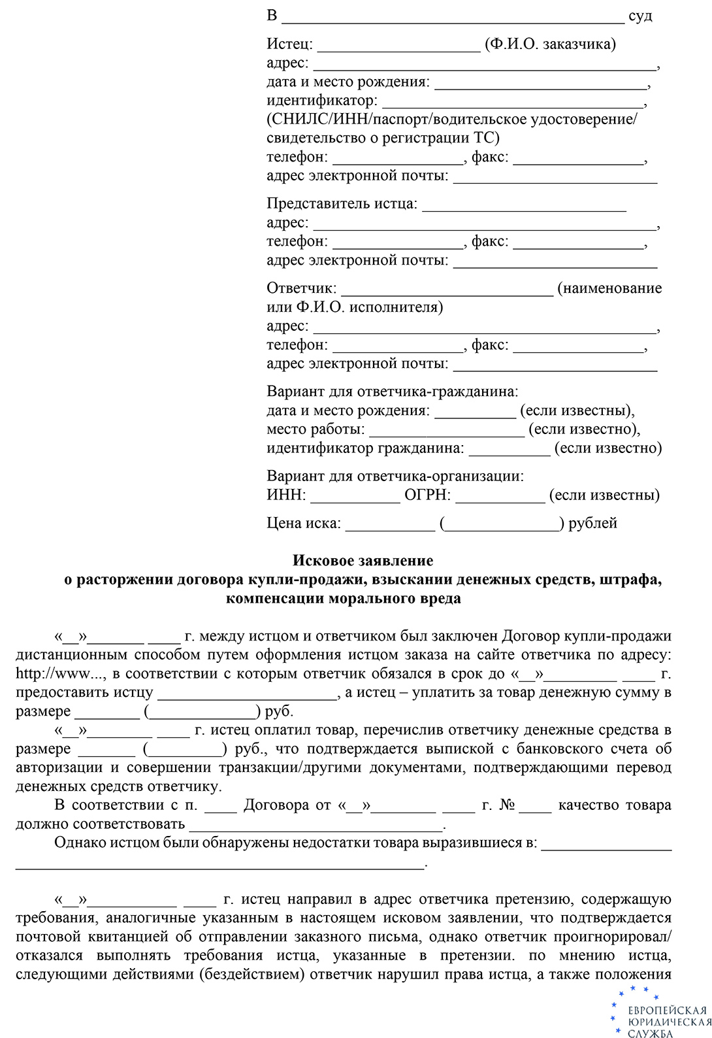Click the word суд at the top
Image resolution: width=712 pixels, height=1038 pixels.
point(640,16)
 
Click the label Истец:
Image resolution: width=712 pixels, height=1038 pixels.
point(289,44)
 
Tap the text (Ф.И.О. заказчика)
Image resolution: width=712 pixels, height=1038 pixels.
point(550,44)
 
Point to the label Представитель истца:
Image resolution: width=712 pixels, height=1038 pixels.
point(342,204)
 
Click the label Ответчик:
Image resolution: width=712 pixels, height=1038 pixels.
point(301,288)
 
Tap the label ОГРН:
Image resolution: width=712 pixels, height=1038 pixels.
point(427,495)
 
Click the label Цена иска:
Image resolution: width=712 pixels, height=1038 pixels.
point(304,524)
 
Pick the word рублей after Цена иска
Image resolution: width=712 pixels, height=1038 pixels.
point(592,524)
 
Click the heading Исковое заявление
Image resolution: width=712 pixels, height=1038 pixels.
point(363,561)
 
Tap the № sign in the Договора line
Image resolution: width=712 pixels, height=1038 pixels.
point(506,805)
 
